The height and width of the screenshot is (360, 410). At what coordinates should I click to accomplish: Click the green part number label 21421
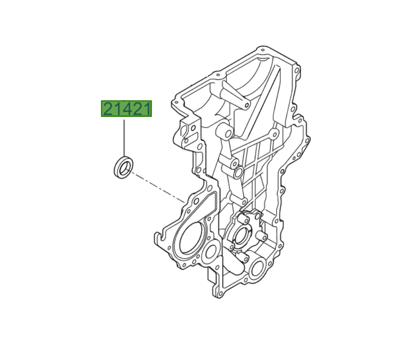[x=127, y=109]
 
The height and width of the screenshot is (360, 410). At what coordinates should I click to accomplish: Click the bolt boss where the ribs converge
[x=271, y=136]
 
